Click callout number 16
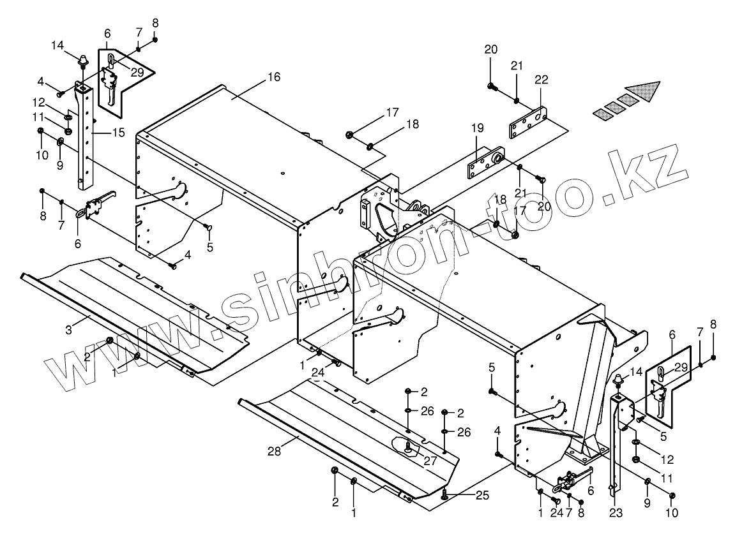pyautogui.click(x=273, y=77)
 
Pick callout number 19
pyautogui.click(x=478, y=129)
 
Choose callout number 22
pyautogui.click(x=542, y=80)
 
